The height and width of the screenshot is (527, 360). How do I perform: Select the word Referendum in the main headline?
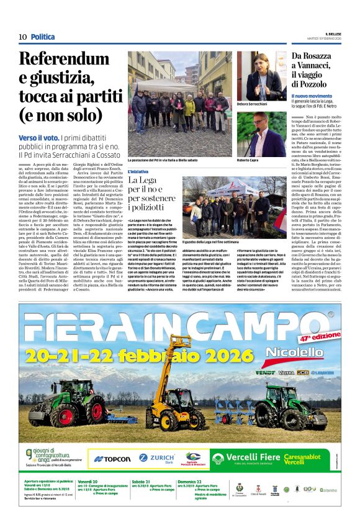(62, 60)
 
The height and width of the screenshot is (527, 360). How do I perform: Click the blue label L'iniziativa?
(138, 171)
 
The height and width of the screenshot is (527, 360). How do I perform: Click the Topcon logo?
(112, 459)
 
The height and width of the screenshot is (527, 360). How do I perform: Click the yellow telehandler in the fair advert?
(176, 407)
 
